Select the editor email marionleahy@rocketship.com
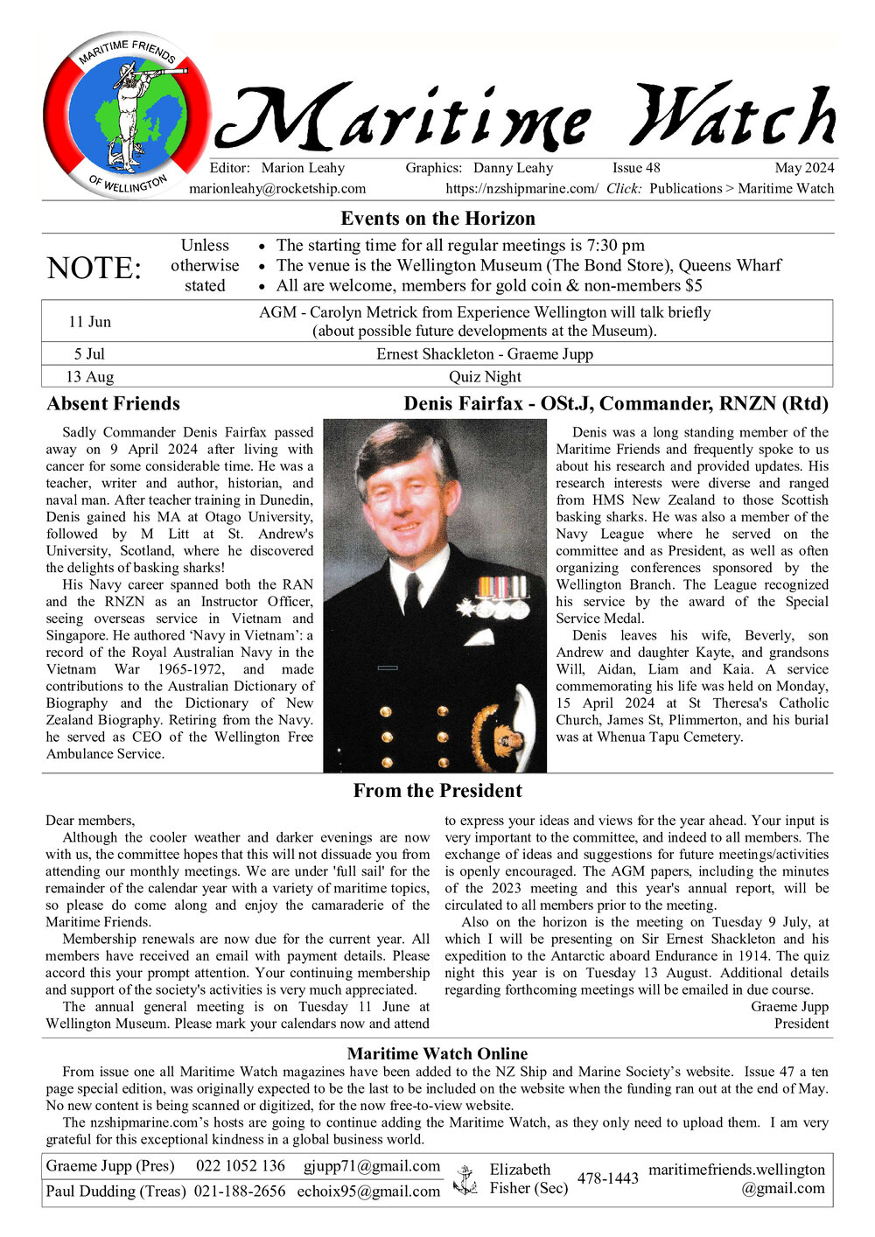click(x=277, y=188)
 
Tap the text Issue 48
click(x=636, y=168)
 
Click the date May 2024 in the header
click(x=804, y=168)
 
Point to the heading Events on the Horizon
click(x=437, y=218)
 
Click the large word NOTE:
click(x=94, y=268)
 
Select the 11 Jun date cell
click(x=89, y=322)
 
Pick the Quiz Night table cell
click(x=485, y=377)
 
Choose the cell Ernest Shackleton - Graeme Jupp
click(x=485, y=354)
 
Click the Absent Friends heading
click(x=113, y=404)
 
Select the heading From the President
click(x=437, y=791)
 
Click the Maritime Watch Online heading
click(x=437, y=1054)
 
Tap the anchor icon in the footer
click(x=465, y=1179)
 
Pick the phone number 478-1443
click(x=608, y=1178)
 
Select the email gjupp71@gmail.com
click(x=372, y=1166)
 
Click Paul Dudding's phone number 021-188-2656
click(x=240, y=1192)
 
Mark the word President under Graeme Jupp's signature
click(x=801, y=1024)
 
